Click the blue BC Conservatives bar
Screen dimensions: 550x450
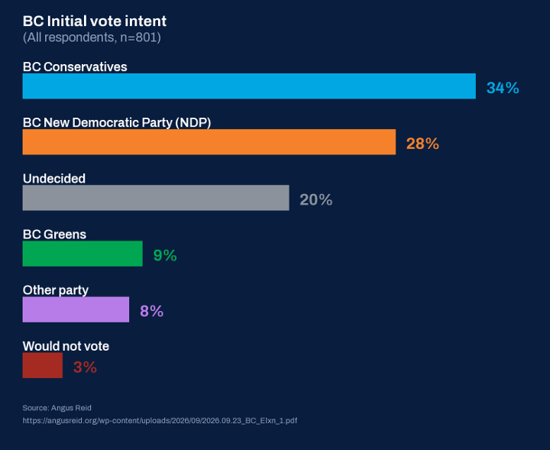249,86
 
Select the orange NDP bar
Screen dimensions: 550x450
209,141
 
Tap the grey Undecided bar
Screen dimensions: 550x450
156,198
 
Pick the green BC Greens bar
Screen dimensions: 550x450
82,254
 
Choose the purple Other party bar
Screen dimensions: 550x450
76,309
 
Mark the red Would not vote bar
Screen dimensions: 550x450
43,365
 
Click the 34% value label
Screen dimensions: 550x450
503,88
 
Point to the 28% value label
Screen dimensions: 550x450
422,144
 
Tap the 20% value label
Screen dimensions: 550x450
315,199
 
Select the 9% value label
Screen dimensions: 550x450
165,255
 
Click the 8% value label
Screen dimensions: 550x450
151,311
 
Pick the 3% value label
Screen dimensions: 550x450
85,367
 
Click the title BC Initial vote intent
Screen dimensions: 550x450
95,21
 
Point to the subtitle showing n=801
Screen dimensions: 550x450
92,37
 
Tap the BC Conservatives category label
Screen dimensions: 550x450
75,66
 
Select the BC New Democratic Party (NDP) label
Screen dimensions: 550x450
117,122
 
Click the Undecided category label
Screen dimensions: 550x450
54,179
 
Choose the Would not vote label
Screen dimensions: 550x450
66,346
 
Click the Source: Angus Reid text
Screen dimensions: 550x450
57,407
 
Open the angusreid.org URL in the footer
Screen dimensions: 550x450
160,420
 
